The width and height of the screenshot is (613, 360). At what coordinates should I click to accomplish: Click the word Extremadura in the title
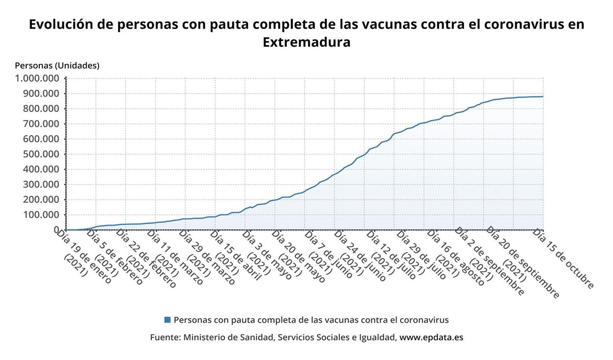[x=306, y=42]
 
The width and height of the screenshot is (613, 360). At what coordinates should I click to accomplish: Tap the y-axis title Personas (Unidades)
[x=57, y=65]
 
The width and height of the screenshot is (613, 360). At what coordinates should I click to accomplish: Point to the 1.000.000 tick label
[x=37, y=79]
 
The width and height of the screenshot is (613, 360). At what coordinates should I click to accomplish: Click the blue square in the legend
[x=167, y=320]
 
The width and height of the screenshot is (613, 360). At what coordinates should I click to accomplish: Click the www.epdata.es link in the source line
[x=431, y=338]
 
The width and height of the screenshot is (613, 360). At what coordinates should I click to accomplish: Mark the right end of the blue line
[x=543, y=97]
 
